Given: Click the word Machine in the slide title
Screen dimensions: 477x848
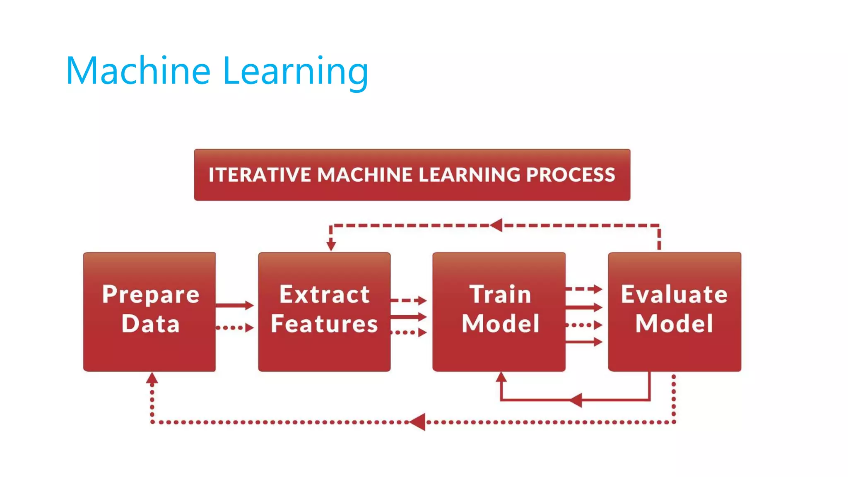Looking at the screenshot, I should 138,71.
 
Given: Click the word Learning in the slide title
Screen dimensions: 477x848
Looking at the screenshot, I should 295,71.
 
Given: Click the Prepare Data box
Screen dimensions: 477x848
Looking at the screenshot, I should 149,311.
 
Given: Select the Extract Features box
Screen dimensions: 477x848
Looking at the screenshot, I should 324,311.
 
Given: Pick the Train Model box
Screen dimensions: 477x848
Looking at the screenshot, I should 499,311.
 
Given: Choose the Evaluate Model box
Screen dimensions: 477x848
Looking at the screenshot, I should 675,311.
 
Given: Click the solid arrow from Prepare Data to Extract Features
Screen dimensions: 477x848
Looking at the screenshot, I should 234,306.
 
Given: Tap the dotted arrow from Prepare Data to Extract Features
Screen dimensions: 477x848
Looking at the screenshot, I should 234,328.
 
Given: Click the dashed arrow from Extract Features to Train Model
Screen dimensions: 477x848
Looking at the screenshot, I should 408,300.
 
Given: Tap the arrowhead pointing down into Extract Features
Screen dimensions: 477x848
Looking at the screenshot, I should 331,246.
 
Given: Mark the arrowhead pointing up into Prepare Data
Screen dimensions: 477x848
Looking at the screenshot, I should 152,378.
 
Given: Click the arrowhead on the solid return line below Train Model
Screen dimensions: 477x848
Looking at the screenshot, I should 576,400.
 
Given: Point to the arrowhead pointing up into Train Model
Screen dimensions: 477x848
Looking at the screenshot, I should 501,377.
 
